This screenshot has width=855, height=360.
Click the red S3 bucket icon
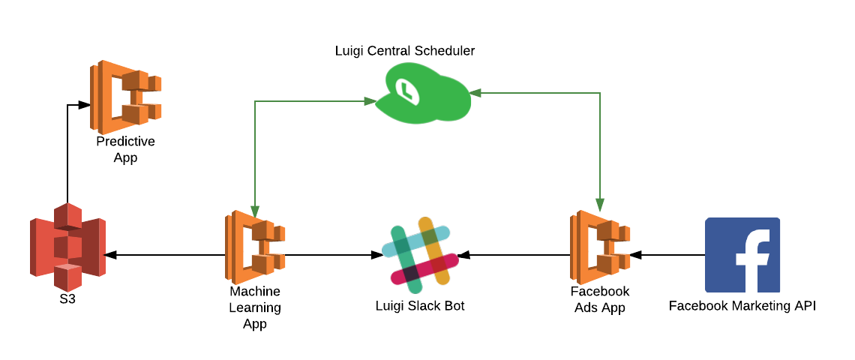[67, 247]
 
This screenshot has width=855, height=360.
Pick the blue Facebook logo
[742, 254]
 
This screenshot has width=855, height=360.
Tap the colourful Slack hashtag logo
[420, 255]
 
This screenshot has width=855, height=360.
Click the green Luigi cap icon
[423, 94]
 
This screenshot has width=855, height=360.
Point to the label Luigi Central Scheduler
[405, 51]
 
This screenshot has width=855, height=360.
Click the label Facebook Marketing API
[742, 306]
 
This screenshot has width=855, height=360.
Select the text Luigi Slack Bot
[420, 306]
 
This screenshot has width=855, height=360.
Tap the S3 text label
[67, 299]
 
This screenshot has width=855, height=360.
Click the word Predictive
[125, 142]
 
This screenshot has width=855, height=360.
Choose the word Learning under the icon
[255, 307]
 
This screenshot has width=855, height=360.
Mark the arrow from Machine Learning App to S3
[165, 255]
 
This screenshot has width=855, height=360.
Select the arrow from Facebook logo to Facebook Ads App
[667, 255]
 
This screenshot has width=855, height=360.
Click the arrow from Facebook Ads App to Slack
[517, 255]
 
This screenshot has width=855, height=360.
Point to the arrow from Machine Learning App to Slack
[330, 255]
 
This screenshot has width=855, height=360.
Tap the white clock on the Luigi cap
[406, 90]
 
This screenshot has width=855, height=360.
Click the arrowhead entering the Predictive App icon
[85, 105]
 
